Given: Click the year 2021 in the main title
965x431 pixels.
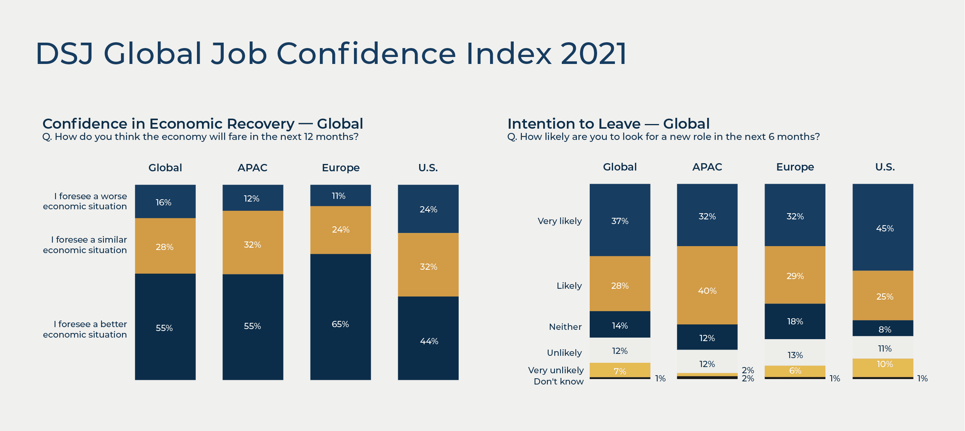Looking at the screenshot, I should [x=593, y=53].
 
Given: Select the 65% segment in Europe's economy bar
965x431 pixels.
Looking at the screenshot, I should [x=340, y=317].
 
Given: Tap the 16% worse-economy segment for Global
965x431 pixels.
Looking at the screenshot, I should [x=165, y=202].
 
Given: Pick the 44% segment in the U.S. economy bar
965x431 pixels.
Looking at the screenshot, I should [x=428, y=338].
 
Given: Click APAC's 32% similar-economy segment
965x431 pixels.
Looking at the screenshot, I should [x=253, y=243].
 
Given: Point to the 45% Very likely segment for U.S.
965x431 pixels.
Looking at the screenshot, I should [x=883, y=228].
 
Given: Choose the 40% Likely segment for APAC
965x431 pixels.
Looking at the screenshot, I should [x=707, y=285].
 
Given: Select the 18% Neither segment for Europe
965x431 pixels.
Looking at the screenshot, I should [x=795, y=321].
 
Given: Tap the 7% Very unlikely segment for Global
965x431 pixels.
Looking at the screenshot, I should [x=620, y=370].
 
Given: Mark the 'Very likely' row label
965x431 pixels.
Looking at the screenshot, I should [x=559, y=221].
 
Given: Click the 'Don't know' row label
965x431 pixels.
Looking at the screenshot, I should [x=558, y=381].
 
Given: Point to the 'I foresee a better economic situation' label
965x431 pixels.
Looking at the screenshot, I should [x=85, y=329].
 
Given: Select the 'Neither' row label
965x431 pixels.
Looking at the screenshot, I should [x=565, y=327].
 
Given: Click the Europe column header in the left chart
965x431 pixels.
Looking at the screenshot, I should [x=340, y=168].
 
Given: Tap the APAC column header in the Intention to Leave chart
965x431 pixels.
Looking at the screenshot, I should [x=707, y=167].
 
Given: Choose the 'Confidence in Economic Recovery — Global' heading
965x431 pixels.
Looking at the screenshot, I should [x=202, y=124].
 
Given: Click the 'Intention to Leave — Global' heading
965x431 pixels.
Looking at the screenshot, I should [x=608, y=124].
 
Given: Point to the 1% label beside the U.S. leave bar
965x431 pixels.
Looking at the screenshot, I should [x=922, y=378].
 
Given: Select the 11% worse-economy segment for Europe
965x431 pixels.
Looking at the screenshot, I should [x=340, y=196].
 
